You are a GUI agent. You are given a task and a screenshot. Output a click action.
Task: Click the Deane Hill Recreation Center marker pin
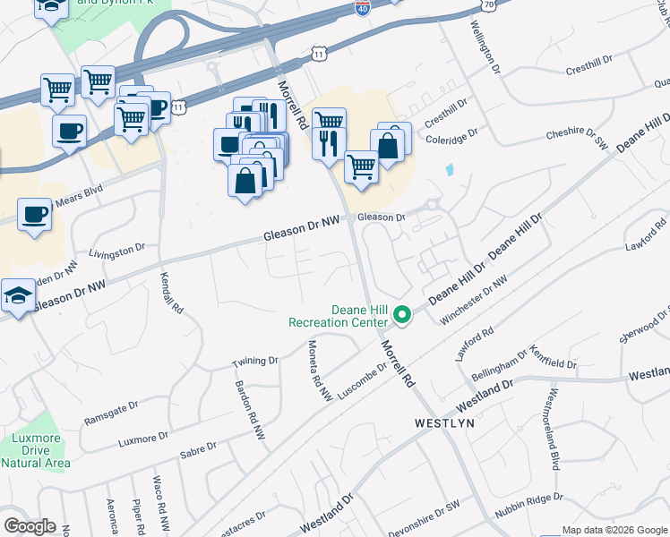click(x=403, y=315)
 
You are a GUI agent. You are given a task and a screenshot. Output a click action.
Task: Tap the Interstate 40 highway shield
click(x=362, y=9)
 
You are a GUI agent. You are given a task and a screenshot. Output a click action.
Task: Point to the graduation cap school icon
click(x=18, y=296)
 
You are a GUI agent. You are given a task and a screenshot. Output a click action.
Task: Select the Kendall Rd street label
click(x=172, y=294)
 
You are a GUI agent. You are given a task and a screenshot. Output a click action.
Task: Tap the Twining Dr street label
click(x=255, y=362)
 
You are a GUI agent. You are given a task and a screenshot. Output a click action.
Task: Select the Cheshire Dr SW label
click(x=578, y=133)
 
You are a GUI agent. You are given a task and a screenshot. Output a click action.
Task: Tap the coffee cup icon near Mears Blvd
click(x=35, y=215)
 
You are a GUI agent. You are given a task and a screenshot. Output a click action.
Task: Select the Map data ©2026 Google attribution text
click(x=614, y=530)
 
